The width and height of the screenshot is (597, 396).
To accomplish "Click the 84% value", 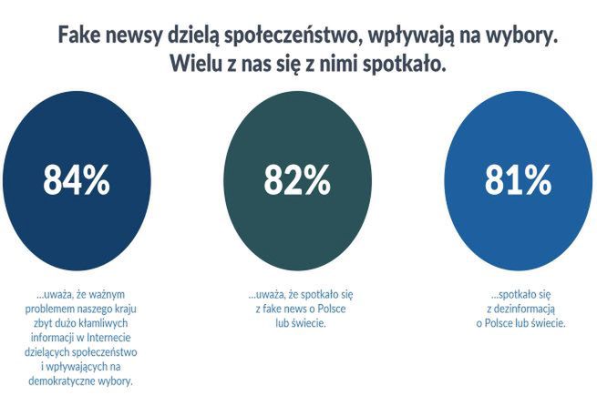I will [x=77, y=181].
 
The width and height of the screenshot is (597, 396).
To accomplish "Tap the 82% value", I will [x=297, y=181].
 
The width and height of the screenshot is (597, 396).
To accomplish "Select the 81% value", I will [x=518, y=181].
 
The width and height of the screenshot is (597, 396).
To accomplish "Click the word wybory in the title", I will [x=518, y=37].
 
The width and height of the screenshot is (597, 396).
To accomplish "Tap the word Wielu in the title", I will [x=195, y=66].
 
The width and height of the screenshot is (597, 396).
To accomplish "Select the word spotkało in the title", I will [x=403, y=66].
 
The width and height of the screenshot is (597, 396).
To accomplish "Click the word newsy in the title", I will [x=143, y=37].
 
